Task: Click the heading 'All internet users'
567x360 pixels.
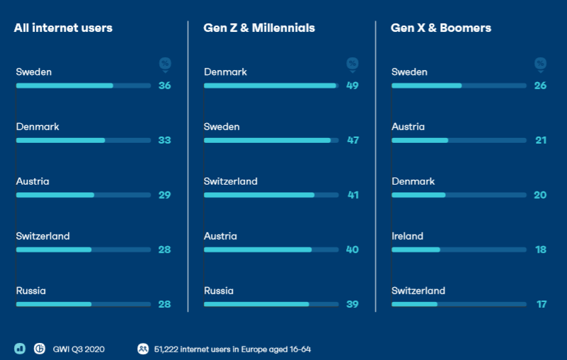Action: click(63, 28)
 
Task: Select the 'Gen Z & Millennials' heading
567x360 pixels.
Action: click(259, 28)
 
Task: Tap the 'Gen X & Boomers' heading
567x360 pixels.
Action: click(441, 28)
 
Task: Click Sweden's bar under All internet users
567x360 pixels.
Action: click(64, 86)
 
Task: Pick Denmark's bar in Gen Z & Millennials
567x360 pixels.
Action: click(270, 86)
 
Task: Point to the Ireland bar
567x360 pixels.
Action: click(416, 250)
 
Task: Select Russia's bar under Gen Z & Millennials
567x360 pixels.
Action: click(256, 304)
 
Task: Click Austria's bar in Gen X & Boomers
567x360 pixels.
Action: click(420, 140)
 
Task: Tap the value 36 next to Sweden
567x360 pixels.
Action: click(165, 86)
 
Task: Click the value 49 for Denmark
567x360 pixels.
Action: click(353, 86)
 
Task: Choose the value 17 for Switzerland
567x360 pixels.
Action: click(541, 304)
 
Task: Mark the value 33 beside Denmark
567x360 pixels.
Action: click(165, 140)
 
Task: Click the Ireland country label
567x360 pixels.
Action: click(407, 236)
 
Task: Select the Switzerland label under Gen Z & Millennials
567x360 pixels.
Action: click(231, 181)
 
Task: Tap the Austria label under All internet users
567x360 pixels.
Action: click(33, 181)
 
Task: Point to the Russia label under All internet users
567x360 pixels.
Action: click(31, 291)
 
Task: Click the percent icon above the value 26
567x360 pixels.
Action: click(540, 64)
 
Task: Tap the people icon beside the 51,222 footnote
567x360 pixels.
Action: click(143, 349)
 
